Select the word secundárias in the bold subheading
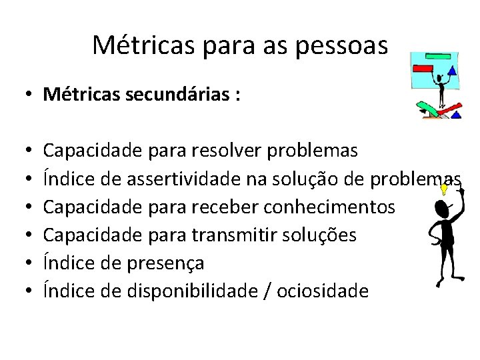[173, 94]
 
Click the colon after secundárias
[237, 95]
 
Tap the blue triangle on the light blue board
[452, 70]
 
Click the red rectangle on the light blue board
[423, 67]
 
